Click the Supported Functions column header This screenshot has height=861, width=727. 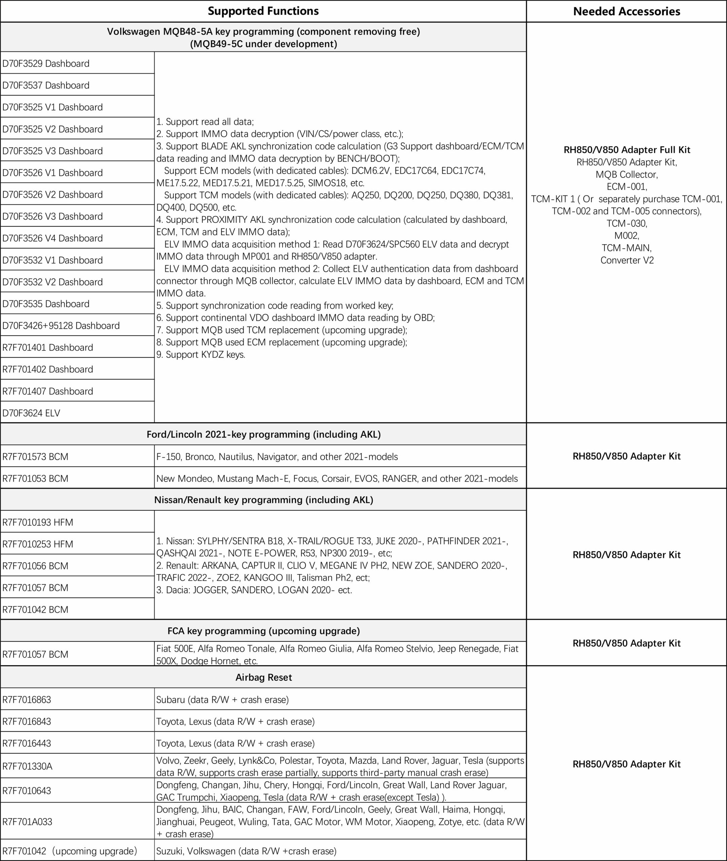point(263,11)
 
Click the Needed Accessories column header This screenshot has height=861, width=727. point(626,11)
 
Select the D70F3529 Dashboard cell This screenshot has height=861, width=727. point(46,64)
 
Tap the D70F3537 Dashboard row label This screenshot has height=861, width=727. point(46,85)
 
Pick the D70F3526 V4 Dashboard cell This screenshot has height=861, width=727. point(52,238)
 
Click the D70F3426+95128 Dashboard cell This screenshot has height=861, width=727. point(61,326)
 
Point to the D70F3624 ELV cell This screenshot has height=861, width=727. point(31,413)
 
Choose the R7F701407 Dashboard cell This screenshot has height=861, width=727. point(48,391)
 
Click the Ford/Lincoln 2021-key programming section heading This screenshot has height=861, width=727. point(263,434)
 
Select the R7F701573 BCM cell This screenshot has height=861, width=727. point(35,456)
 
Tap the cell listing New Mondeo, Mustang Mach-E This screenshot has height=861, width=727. point(337,478)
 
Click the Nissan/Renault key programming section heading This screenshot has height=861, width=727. point(263,500)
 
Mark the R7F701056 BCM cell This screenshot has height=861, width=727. point(35,566)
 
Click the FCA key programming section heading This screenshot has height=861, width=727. point(263,631)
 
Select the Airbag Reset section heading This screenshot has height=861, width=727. point(263,677)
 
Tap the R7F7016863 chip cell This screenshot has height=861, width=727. point(27,700)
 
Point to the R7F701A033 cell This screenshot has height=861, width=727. point(27,822)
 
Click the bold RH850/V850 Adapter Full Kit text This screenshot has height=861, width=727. point(626,150)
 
